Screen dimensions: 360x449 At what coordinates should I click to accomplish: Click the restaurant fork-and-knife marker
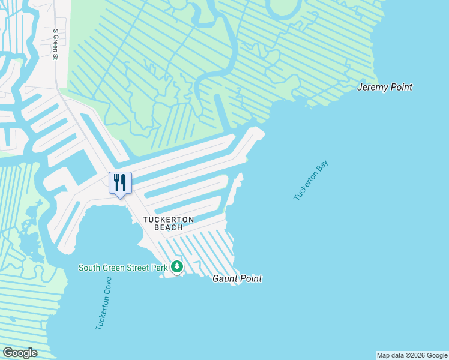120,182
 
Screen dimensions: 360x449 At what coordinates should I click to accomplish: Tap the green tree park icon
176,266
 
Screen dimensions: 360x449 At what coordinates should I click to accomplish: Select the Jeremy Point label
384,87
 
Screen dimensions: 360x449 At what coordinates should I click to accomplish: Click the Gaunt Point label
238,279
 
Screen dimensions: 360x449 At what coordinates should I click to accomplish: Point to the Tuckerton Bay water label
312,180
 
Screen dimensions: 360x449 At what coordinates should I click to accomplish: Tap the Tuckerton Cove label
103,304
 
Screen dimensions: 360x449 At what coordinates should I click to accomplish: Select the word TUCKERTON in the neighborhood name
168,220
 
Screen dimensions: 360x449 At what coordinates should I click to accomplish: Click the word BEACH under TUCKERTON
168,227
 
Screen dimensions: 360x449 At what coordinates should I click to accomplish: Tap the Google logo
20,353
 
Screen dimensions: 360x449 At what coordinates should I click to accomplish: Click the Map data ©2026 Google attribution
412,355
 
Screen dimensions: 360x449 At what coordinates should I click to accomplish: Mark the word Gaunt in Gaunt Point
225,279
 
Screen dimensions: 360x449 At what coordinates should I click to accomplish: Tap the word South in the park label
89,267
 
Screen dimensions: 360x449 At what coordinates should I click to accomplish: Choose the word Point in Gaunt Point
250,279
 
